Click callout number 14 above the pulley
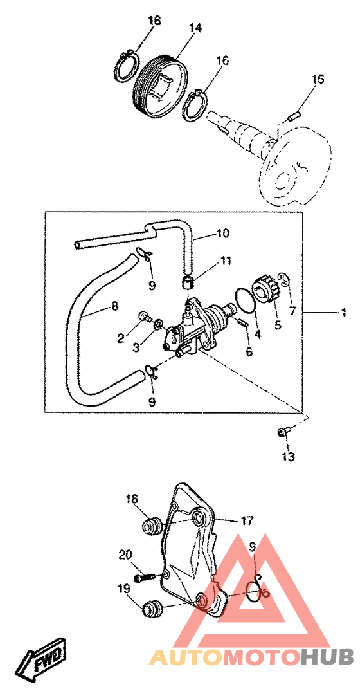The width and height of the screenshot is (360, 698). (x=195, y=28)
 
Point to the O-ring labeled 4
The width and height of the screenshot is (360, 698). (x=245, y=300)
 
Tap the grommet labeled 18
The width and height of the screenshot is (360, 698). (x=151, y=527)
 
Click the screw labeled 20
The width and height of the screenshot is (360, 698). (x=146, y=577)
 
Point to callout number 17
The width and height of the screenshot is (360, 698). (x=248, y=520)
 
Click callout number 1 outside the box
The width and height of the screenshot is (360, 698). (x=343, y=313)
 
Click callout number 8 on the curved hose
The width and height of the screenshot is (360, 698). (x=115, y=307)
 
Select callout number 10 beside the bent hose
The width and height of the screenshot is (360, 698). (x=223, y=233)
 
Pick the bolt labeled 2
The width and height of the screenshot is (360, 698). (x=145, y=317)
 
